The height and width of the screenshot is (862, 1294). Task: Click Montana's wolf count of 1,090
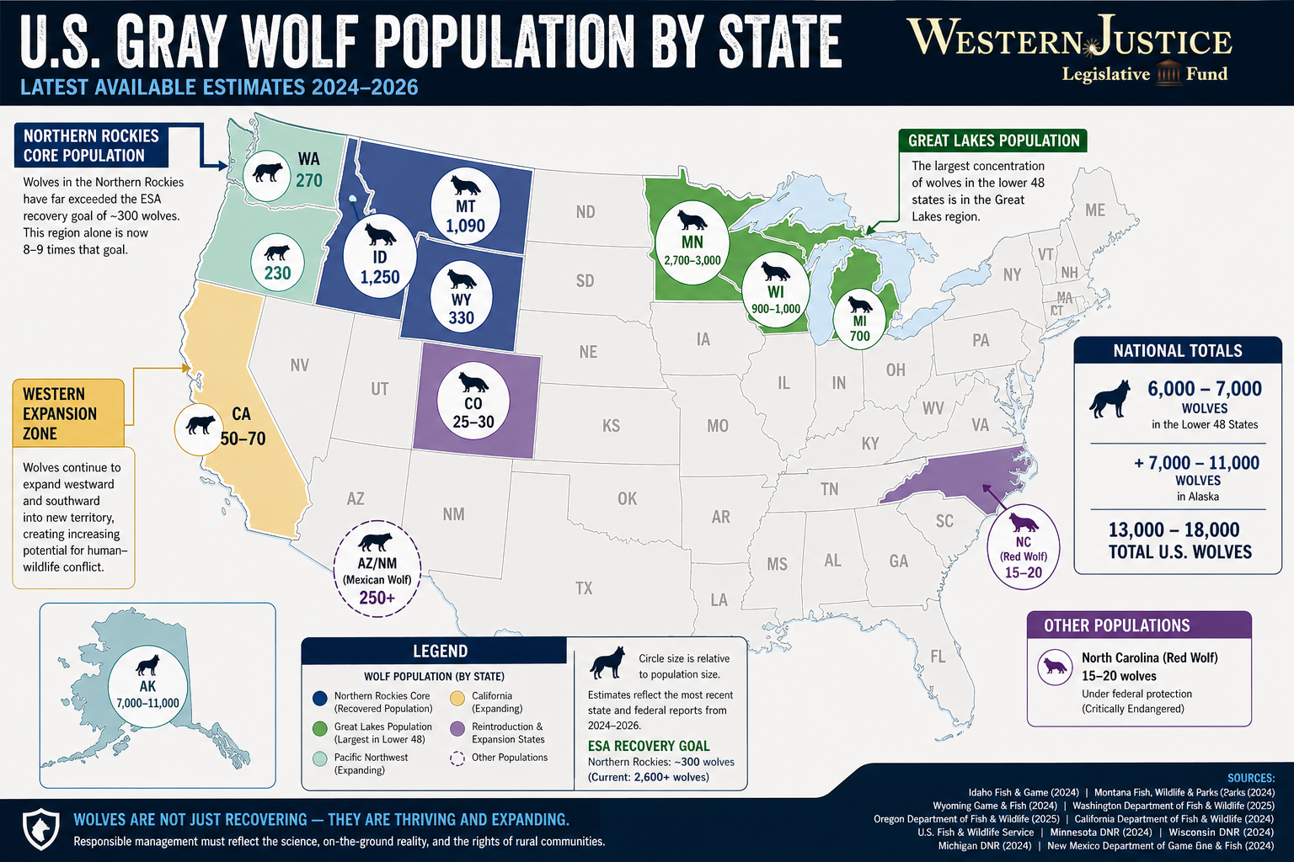pos(465,226)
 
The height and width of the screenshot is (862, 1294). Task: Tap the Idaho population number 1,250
pos(379,277)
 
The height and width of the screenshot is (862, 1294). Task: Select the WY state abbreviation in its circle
pos(461,300)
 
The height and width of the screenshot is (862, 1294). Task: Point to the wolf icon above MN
pos(692,220)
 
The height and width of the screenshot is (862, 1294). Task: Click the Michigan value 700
pos(859,336)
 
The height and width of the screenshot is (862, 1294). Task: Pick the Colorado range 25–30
pos(473,422)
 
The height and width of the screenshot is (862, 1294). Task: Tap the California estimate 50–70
pos(243,439)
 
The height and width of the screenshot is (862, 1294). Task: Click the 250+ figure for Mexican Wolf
pos(377,598)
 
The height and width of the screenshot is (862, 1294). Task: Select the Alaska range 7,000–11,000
pos(147,703)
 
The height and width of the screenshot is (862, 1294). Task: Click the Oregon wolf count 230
pos(277,273)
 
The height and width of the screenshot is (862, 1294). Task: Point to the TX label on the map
pos(584,588)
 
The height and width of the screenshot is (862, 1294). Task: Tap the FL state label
pos(938,657)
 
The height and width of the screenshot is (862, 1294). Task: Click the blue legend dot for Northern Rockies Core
pos(319,698)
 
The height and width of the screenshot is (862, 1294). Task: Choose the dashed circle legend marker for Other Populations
pos(457,758)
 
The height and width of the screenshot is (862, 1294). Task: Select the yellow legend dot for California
pos(457,698)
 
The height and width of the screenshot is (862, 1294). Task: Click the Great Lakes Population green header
pos(992,141)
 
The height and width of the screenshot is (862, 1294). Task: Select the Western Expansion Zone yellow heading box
pos(68,413)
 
